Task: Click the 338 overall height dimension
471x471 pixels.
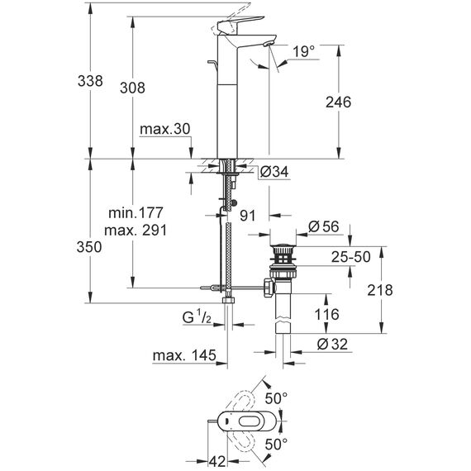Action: click(90, 81)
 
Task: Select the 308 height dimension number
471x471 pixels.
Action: click(132, 88)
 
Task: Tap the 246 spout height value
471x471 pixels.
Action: click(338, 102)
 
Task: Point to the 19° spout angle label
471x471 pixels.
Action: click(304, 51)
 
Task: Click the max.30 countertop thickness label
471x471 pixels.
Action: click(165, 129)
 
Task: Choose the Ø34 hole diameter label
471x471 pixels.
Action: click(274, 172)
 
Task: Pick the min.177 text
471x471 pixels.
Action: click(136, 213)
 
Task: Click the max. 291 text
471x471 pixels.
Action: click(136, 231)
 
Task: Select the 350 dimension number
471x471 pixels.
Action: click(89, 247)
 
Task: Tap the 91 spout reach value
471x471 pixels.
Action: click(248, 216)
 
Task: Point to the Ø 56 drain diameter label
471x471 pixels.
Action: click(324, 226)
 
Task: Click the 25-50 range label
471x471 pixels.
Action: click(351, 257)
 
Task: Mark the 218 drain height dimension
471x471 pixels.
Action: click(379, 290)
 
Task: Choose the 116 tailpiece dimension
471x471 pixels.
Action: click(326, 315)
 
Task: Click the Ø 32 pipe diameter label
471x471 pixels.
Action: click(332, 344)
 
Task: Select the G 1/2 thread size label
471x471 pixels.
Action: click(197, 317)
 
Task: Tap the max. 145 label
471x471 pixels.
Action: click(184, 355)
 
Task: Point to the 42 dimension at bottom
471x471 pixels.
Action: click(216, 462)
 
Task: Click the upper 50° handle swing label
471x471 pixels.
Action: click(276, 398)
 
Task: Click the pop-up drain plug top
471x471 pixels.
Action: click(283, 247)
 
